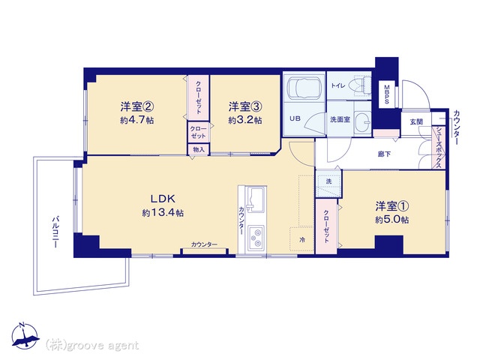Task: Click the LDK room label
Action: pyautogui.click(x=163, y=199)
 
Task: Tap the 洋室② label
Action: pyautogui.click(x=136, y=106)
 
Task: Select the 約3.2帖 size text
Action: pyautogui.click(x=245, y=120)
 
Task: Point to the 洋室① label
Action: pyautogui.click(x=392, y=206)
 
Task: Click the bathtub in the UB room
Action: pyautogui.click(x=304, y=87)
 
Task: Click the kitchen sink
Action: pyautogui.click(x=255, y=199)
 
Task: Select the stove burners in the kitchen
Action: pyautogui.click(x=256, y=238)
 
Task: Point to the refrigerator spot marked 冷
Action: pyautogui.click(x=301, y=240)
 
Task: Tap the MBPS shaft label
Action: pyautogui.click(x=386, y=94)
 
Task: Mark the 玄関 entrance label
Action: pyautogui.click(x=416, y=121)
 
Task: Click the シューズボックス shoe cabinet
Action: pyautogui.click(x=438, y=147)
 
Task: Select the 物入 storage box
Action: pyautogui.click(x=198, y=150)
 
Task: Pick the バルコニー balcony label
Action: pyautogui.click(x=55, y=232)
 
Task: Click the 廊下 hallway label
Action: pyautogui.click(x=384, y=154)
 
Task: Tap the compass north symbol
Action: pyautogui.click(x=25, y=335)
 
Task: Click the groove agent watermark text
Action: pyautogui.click(x=91, y=346)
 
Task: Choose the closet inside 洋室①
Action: pyautogui.click(x=326, y=226)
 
